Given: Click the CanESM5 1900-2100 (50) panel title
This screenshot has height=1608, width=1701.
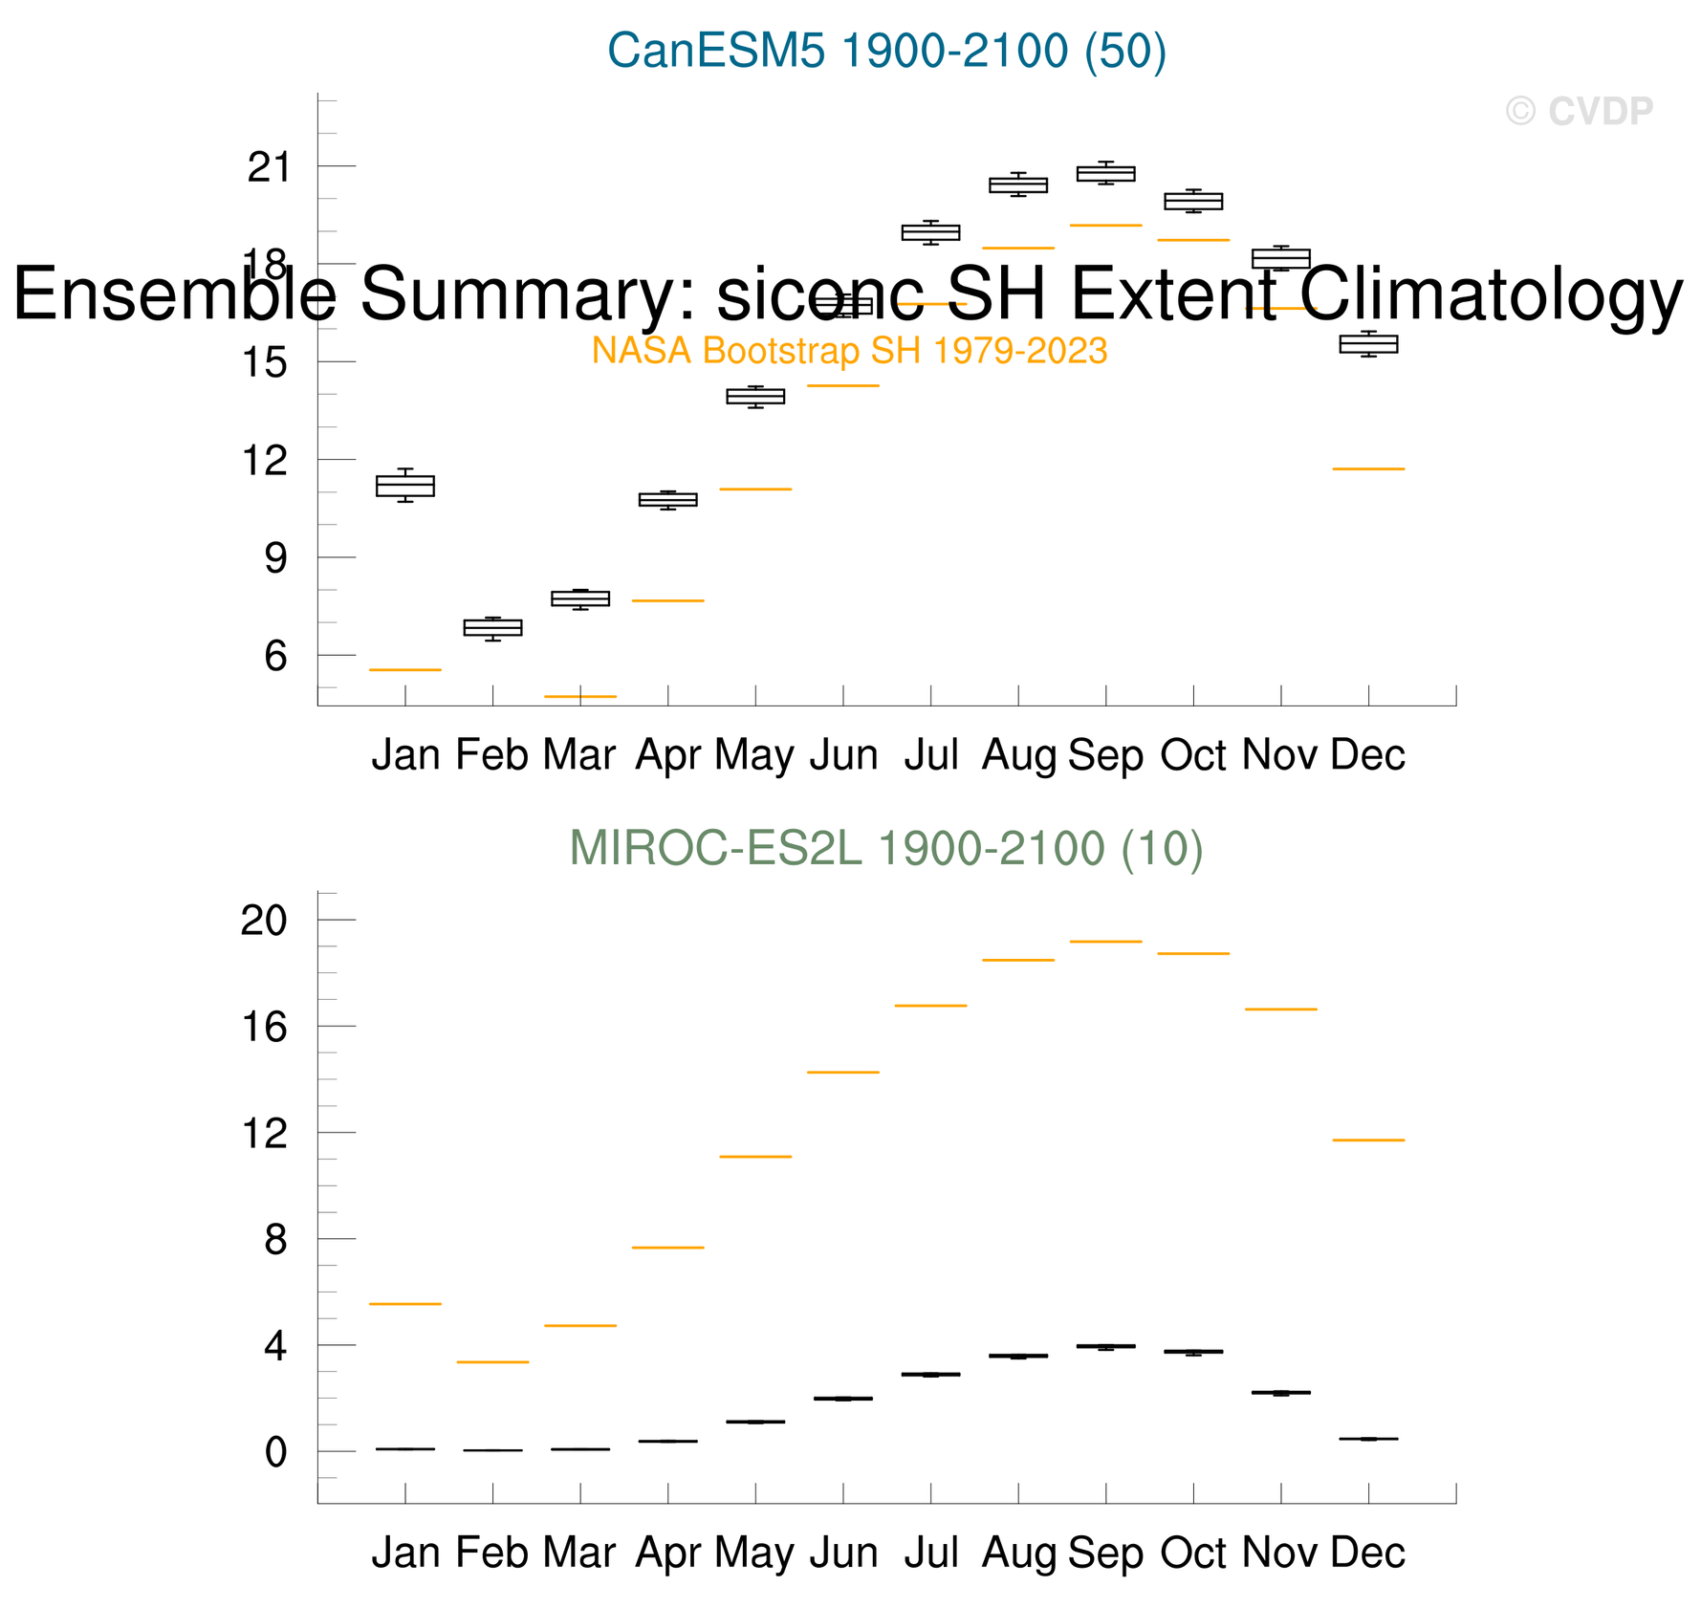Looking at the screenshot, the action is (x=886, y=51).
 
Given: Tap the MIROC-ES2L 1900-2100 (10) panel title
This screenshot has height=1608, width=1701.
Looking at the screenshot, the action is (x=885, y=849).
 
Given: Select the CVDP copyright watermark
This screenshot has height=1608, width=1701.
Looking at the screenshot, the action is (x=1579, y=112).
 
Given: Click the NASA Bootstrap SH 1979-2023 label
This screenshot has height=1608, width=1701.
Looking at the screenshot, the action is (x=849, y=351).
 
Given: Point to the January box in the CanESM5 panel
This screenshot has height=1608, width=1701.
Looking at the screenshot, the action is (x=405, y=486).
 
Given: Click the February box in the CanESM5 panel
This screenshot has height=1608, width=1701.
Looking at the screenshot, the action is (x=493, y=627).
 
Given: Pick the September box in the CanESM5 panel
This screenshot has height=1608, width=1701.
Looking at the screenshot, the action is (x=1106, y=173).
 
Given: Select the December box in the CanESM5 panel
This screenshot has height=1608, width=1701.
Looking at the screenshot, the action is (x=1368, y=344).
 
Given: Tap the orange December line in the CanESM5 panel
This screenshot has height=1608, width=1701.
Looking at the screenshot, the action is (x=1368, y=469).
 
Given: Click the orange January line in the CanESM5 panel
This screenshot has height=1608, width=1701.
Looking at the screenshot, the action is (x=405, y=670).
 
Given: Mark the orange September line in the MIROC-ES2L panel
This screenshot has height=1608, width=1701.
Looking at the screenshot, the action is (x=1106, y=942).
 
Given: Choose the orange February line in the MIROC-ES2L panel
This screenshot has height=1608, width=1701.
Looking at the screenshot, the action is (x=493, y=1362).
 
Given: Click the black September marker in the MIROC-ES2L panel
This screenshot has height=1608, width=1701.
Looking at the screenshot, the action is (x=1106, y=1346).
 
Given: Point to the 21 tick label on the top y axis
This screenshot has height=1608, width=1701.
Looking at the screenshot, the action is (x=268, y=168).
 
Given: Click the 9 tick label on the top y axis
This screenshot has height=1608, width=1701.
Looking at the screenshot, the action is (x=276, y=558).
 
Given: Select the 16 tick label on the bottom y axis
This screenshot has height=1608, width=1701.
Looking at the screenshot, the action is (x=265, y=1028).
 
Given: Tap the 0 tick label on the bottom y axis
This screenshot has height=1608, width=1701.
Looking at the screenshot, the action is (x=276, y=1452).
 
